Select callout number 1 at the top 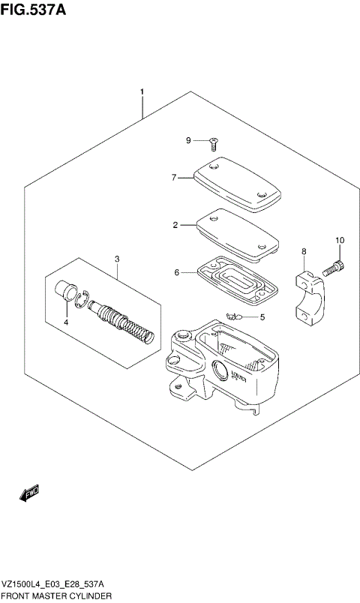pyautogui.click(x=141, y=92)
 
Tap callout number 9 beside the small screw pyautogui.click(x=190, y=140)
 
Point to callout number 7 pyautogui.click(x=173, y=178)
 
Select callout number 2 pyautogui.click(x=174, y=224)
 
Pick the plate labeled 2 pyautogui.click(x=236, y=233)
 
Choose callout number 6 pyautogui.click(x=177, y=272)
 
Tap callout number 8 pyautogui.click(x=304, y=251)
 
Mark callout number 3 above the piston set pyautogui.click(x=117, y=259)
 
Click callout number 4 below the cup pyautogui.click(x=65, y=322)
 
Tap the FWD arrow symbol pyautogui.click(x=29, y=492)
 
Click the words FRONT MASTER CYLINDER pyautogui.click(x=57, y=595)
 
